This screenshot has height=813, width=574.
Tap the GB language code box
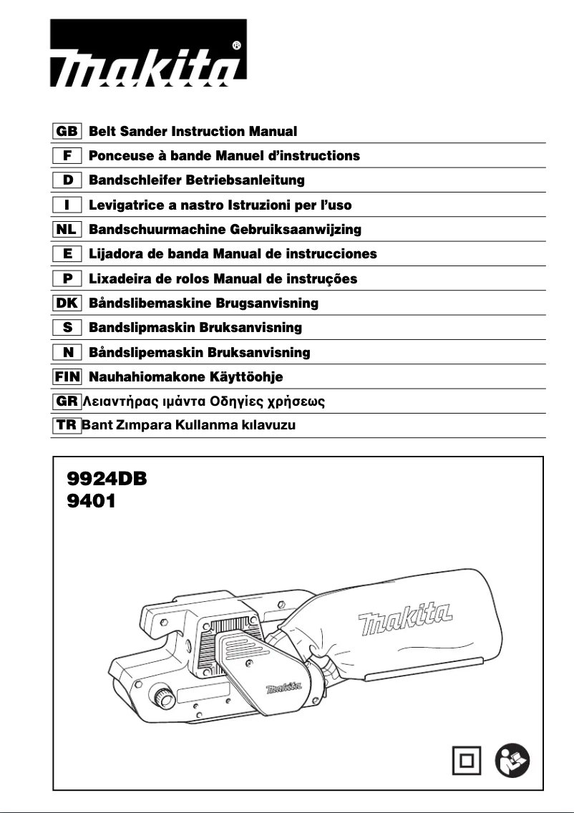click(67, 132)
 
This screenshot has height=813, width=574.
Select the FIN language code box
click(67, 376)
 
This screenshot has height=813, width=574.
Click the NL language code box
click(67, 230)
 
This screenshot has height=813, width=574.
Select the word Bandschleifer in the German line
click(132, 180)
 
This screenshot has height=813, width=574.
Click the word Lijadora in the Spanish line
click(115, 254)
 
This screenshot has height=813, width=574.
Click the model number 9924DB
click(106, 479)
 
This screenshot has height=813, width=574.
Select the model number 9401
click(90, 501)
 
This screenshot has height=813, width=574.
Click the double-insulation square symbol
click(467, 761)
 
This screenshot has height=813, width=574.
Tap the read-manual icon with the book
click(512, 761)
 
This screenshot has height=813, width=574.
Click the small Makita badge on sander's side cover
click(284, 689)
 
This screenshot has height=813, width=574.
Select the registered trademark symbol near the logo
click(237, 44)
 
